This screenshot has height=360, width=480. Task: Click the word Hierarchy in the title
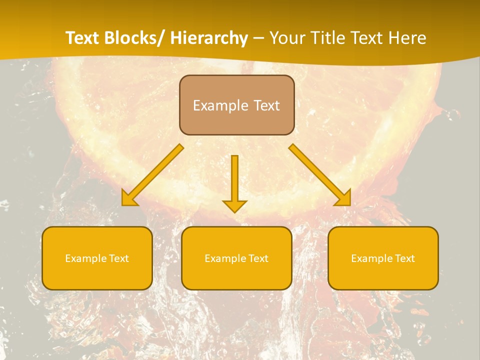[209, 38]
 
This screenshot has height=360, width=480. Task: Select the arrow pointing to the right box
[320, 175]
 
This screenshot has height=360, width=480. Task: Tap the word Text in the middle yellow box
[258, 258]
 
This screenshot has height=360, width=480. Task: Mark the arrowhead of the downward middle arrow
[234, 206]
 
